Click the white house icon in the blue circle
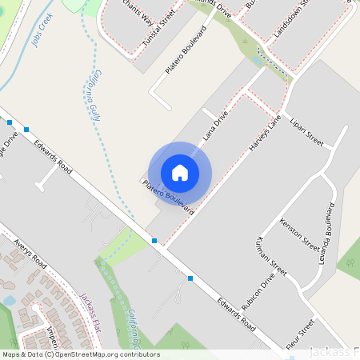point(180,172)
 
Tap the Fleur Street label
point(301,338)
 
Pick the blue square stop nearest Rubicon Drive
point(190,278)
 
